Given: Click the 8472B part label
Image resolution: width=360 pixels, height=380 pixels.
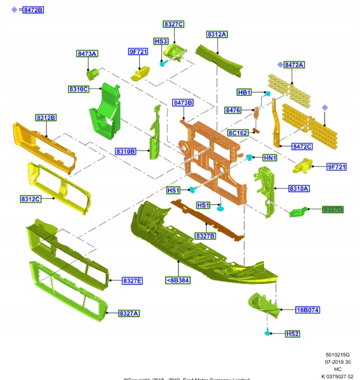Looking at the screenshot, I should (x=34, y=10).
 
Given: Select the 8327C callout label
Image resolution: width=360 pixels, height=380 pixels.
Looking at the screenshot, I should (x=173, y=24).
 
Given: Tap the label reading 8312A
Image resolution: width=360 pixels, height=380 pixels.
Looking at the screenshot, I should (x=216, y=35).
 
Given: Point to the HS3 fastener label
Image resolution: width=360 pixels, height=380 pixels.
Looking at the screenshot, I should (x=161, y=41).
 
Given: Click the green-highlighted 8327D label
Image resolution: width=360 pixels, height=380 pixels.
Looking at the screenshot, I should (x=333, y=209).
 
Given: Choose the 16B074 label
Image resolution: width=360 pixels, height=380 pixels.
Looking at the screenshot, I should (x=307, y=310).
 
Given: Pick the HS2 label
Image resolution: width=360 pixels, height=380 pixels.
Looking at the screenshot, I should (x=293, y=333).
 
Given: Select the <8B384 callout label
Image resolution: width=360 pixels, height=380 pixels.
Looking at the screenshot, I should (x=177, y=280).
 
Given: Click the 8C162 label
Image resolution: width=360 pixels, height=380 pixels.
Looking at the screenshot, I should (x=238, y=133).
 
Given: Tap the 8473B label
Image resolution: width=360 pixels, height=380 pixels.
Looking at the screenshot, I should (x=183, y=103).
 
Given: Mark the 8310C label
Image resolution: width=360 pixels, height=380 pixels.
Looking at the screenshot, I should (x=79, y=89).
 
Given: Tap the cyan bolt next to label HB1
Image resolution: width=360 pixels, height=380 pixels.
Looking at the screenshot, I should (x=268, y=93).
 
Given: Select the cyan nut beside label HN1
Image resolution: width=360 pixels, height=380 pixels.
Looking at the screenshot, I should (x=249, y=157).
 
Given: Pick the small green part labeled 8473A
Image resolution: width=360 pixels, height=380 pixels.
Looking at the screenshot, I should (x=93, y=74).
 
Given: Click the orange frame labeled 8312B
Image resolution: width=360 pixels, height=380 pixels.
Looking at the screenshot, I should (x=45, y=147).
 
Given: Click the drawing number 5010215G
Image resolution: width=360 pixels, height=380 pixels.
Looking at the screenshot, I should (x=339, y=354).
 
